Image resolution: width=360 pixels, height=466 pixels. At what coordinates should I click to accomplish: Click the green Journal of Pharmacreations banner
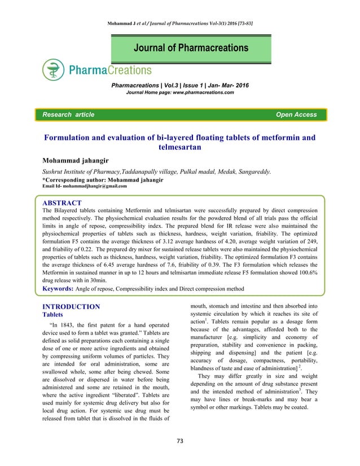click(191, 48)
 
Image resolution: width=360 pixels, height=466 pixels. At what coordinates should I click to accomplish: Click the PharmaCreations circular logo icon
click(53, 71)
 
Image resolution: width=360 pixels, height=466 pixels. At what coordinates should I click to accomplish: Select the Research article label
click(65, 115)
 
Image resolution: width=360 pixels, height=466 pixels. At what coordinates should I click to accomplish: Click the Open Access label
click(296, 115)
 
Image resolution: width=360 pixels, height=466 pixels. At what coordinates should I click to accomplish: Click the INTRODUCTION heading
click(72, 307)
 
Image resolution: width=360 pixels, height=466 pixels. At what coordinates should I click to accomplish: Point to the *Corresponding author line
click(103, 179)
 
